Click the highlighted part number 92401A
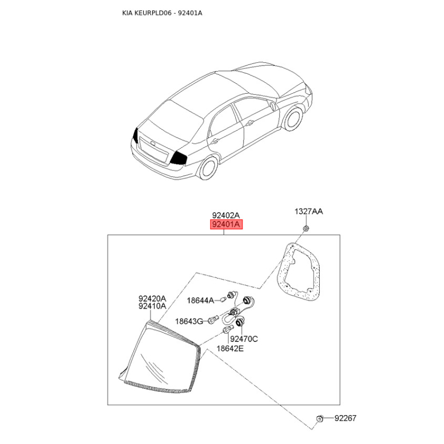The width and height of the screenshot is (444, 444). [226, 225]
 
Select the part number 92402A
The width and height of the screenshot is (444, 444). [226, 215]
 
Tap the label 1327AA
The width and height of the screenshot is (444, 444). [309, 211]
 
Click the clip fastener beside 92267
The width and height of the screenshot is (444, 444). [319, 418]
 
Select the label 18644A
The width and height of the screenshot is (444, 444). [200, 300]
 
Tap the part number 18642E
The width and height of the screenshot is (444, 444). [230, 349]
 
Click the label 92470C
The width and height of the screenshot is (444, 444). [244, 339]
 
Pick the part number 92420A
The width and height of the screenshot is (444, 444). [152, 298]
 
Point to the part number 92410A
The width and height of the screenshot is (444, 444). [152, 306]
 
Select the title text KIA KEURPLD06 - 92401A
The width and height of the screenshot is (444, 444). [162, 13]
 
